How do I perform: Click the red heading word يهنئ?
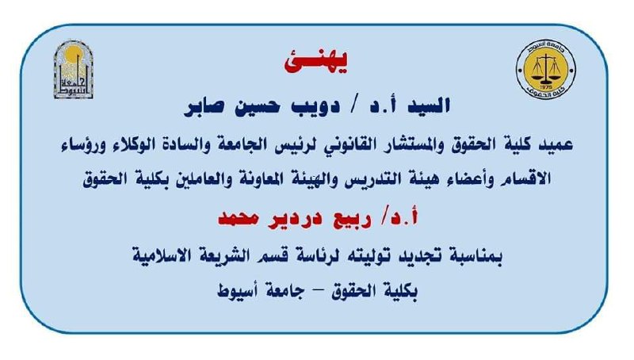pyautogui.click(x=316, y=63)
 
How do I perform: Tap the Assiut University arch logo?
pyautogui.click(x=74, y=69)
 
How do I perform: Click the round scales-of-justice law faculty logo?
pyautogui.click(x=546, y=69)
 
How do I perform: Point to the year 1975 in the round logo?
pyautogui.click(x=546, y=86)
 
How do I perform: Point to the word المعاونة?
pyautogui.click(x=259, y=178)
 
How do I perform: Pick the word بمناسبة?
pyautogui.click(x=478, y=256)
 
